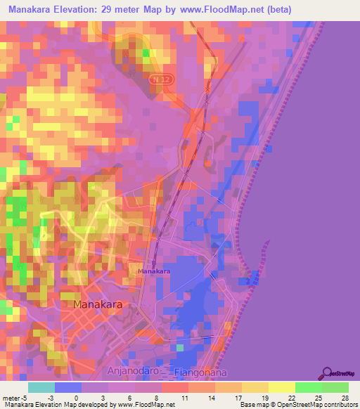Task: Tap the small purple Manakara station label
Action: click(x=154, y=271)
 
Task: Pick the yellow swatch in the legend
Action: click(x=281, y=387)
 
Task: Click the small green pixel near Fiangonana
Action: click(x=180, y=347)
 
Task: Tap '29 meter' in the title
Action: click(x=132, y=9)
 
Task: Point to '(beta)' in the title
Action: click(x=275, y=9)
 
